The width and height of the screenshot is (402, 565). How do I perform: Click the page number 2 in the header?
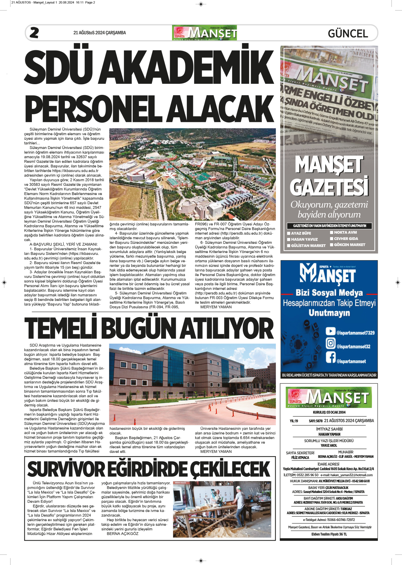(34, 33)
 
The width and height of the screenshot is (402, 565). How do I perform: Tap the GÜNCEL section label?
(348, 33)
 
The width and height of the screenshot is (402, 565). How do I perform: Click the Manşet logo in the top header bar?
(204, 33)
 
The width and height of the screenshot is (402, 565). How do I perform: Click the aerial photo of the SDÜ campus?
(192, 174)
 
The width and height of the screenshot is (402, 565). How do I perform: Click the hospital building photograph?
(192, 384)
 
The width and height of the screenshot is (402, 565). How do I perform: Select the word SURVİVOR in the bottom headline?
(66, 469)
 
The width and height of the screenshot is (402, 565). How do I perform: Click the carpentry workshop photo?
(222, 509)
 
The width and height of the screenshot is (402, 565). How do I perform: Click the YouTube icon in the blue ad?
(330, 331)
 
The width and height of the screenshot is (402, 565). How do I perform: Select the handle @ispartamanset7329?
(355, 333)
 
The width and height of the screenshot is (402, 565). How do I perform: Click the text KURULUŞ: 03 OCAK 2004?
(329, 412)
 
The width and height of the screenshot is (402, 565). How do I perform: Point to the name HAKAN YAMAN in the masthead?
(329, 434)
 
